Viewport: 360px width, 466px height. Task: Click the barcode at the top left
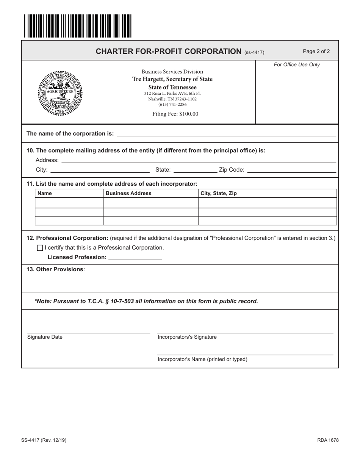78,26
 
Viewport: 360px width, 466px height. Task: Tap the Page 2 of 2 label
316,51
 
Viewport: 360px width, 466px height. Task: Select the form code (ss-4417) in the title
254,52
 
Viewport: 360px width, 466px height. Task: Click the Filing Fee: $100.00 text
175,114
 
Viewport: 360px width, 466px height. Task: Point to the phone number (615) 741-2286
172,105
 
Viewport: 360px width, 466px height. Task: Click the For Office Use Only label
297,65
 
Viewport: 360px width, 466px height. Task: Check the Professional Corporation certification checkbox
40,248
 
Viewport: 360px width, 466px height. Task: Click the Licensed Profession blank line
135,258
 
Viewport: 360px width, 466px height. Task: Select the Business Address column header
128,194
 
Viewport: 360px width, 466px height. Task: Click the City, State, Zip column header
219,194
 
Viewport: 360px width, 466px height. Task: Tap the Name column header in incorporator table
45,194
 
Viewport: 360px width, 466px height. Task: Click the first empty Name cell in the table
69,203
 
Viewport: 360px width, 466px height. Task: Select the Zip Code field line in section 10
291,170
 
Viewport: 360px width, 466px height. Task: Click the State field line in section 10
194,170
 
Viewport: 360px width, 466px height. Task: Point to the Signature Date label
45,337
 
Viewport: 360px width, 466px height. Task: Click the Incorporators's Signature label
187,337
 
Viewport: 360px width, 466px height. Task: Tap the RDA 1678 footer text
328,440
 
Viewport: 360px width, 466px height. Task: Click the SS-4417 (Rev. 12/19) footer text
44,440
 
